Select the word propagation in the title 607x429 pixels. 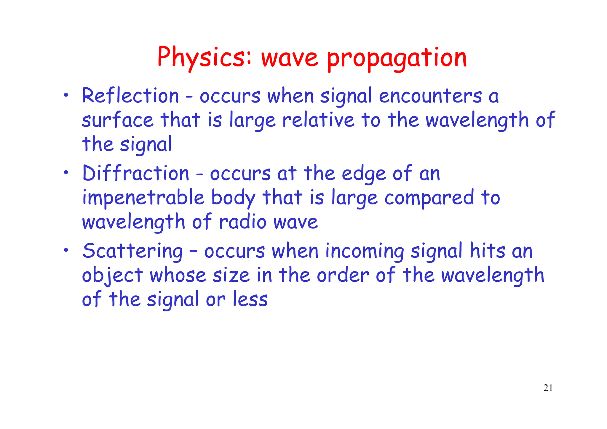[x=397, y=58]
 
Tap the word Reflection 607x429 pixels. [x=130, y=96]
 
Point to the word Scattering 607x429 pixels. [x=132, y=251]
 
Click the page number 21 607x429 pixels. [x=548, y=388]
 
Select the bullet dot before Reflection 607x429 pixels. [x=67, y=95]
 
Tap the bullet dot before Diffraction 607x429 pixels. [x=67, y=173]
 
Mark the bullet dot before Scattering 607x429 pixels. [x=67, y=250]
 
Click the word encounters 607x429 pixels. [x=430, y=96]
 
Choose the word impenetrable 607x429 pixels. [x=143, y=198]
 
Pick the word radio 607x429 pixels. [x=243, y=222]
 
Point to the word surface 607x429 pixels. [x=118, y=120]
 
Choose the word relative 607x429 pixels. [x=318, y=120]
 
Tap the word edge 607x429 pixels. [x=364, y=174]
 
